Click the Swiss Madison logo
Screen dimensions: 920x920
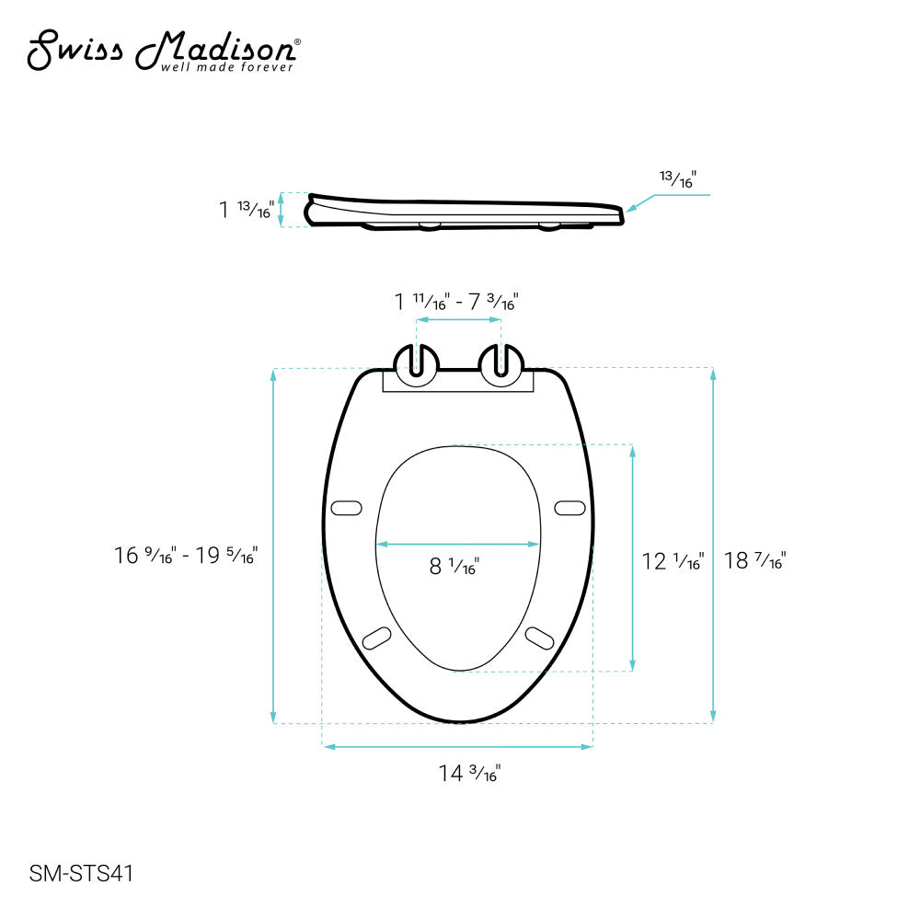click(x=162, y=51)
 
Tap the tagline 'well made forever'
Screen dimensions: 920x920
click(x=227, y=67)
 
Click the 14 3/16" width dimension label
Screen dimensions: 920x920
click(x=469, y=774)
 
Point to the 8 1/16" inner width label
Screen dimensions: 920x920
click(x=454, y=567)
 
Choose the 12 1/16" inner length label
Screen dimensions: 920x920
click(x=673, y=560)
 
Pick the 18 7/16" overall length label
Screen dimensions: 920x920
click(x=754, y=560)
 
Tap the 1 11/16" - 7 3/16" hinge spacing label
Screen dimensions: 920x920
click(x=457, y=301)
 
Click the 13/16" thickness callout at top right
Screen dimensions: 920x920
click(x=678, y=181)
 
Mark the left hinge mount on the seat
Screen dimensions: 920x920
click(x=417, y=364)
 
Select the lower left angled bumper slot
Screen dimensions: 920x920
click(x=377, y=636)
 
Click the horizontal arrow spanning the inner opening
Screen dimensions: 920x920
click(x=458, y=545)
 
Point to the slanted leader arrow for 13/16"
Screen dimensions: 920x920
click(x=640, y=202)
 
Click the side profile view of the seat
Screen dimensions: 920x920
click(x=465, y=211)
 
